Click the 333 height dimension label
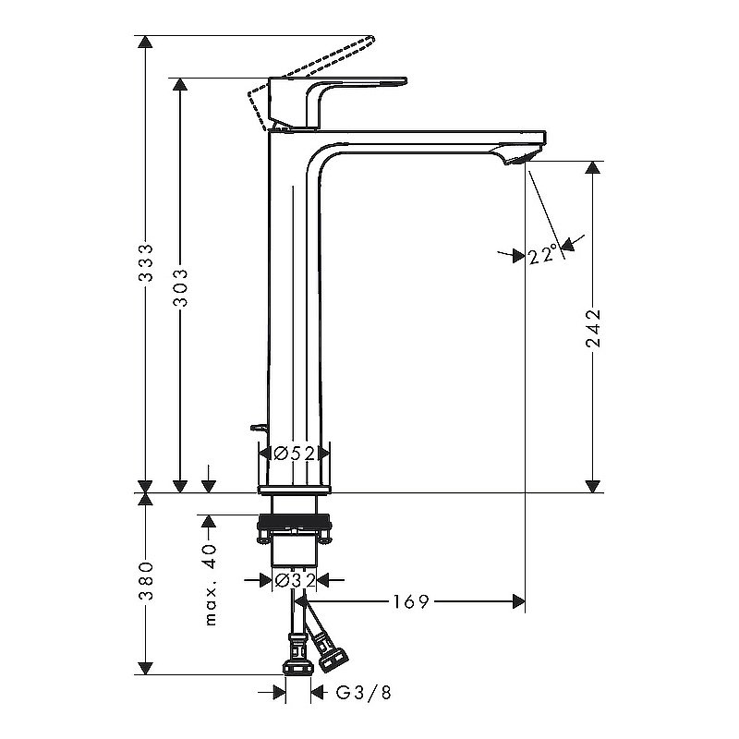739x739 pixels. tap(145, 264)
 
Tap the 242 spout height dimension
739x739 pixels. tap(593, 328)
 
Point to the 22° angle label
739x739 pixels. tap(544, 255)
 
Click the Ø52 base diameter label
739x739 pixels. tap(295, 454)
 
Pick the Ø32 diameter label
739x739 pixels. tap(295, 580)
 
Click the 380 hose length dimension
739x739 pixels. tap(145, 581)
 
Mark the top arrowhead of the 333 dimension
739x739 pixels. tap(145, 42)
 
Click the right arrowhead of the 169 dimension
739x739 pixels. tap(518, 602)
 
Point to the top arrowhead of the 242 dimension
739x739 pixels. tap(593, 168)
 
